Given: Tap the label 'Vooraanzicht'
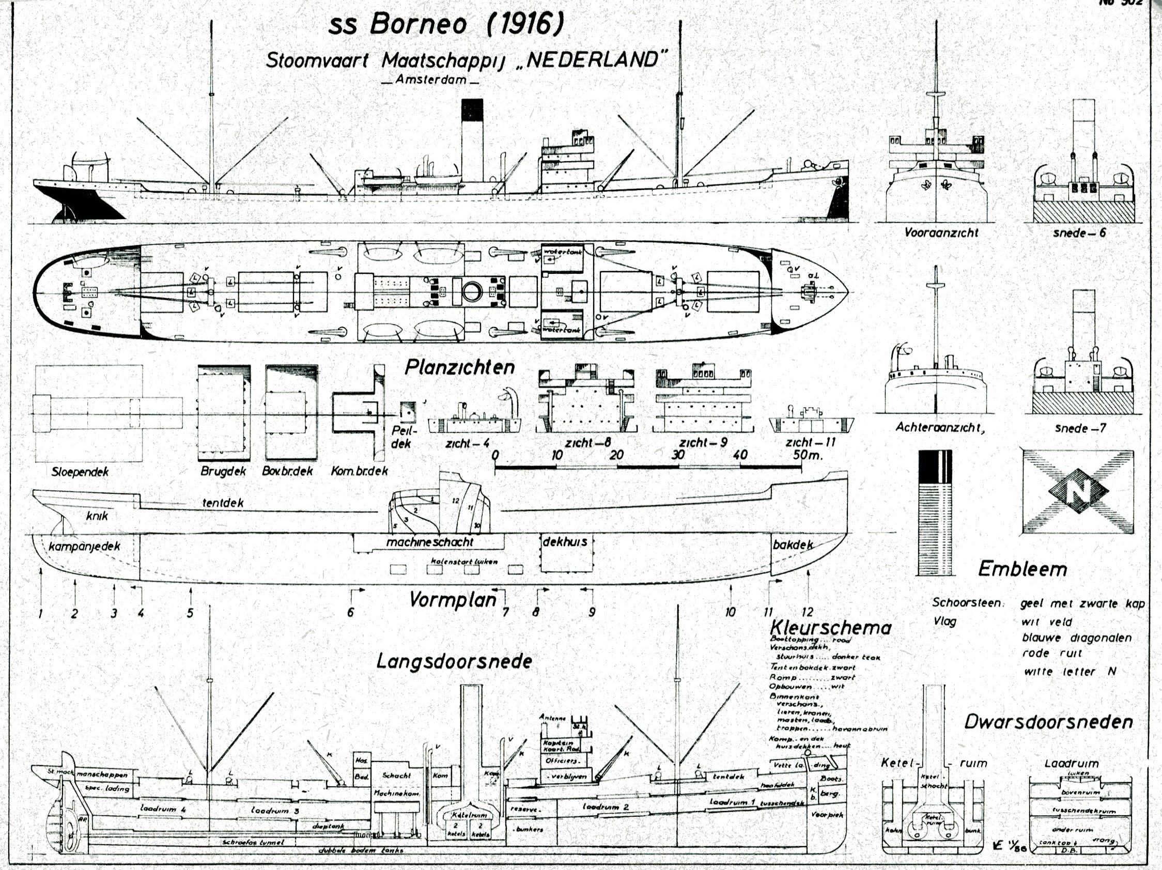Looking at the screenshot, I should pos(941,232).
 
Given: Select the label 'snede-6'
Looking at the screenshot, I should pos(1079,232).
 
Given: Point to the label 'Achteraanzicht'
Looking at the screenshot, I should pos(939,427).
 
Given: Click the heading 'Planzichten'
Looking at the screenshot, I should pos(460,367).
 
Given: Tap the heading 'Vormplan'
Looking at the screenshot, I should pos(453,599).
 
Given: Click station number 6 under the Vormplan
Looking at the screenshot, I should pos(350,612).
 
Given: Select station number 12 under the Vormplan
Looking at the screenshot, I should pos(808,612).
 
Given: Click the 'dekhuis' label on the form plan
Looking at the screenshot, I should pos(564,541).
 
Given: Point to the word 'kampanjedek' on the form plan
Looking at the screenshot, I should pos(84,547).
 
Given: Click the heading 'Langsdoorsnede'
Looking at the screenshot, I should pos(454,661).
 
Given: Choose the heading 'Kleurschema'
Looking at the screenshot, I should pos(830,628).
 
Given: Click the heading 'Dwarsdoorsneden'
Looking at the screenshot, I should pos(1048,722).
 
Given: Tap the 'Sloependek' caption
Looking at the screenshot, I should pos(81,472).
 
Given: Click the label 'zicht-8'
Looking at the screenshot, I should pos(588,443).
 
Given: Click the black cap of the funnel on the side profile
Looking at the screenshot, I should pos(472,111).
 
